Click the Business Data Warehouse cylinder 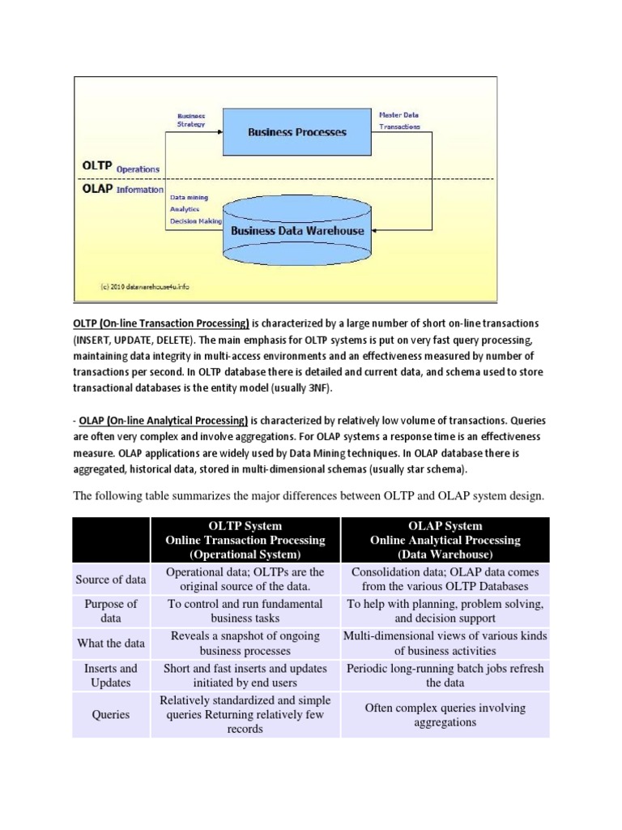298,229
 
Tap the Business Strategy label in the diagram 191,120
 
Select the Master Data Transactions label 399,121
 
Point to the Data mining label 188,196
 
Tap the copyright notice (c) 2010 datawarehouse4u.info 145,286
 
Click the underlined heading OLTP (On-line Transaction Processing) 161,324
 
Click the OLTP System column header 245,540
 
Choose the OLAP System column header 445,540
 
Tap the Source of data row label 111,579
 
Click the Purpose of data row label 111,611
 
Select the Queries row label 111,715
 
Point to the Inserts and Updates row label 111,676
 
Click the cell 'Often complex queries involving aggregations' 445,715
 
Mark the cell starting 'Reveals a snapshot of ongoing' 245,643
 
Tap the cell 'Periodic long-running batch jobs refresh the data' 445,676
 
